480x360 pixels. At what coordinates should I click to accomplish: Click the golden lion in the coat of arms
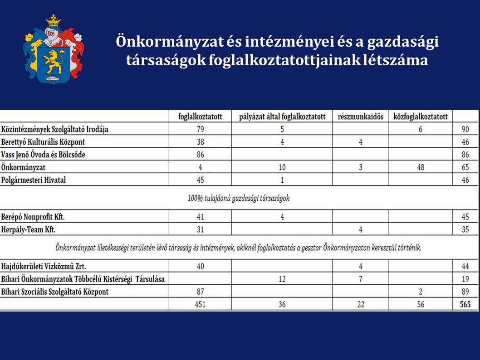click(x=53, y=60)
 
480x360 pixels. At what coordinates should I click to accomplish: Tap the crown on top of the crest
click(x=54, y=20)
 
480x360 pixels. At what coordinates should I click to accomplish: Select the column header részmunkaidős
click(x=361, y=117)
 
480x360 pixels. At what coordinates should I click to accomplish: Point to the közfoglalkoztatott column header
click(x=421, y=117)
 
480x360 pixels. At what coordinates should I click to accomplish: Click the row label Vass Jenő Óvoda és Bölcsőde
click(x=43, y=155)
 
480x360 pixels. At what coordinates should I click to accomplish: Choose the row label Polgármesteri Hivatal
click(x=34, y=180)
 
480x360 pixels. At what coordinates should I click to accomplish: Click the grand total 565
click(x=465, y=304)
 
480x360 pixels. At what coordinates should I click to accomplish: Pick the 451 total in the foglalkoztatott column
click(x=200, y=304)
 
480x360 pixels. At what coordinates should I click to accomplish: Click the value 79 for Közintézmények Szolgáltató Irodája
click(x=200, y=129)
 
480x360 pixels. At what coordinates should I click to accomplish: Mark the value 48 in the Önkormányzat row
click(x=421, y=167)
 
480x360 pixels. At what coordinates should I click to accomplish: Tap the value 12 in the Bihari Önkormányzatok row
click(x=282, y=279)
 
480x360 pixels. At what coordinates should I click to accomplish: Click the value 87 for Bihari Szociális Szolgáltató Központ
click(x=200, y=292)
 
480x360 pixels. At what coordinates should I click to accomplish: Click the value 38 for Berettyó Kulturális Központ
click(x=200, y=142)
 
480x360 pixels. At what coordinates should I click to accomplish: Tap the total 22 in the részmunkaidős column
click(x=361, y=304)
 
